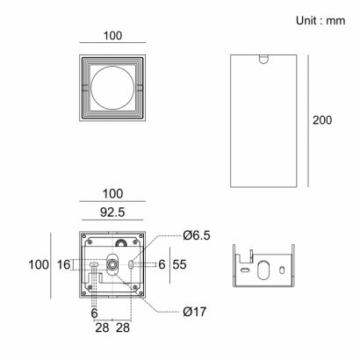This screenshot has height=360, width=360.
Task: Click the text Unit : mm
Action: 320,21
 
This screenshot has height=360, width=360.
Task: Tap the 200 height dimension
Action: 322,120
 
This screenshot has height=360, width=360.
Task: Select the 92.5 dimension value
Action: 112,212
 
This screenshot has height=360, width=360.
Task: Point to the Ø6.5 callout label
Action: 197,235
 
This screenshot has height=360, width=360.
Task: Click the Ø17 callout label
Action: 195,312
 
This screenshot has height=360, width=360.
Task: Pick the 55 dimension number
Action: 179,264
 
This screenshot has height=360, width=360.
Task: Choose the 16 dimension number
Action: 63,264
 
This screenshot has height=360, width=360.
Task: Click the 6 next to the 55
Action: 162,264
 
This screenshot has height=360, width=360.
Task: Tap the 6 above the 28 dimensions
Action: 94,313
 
